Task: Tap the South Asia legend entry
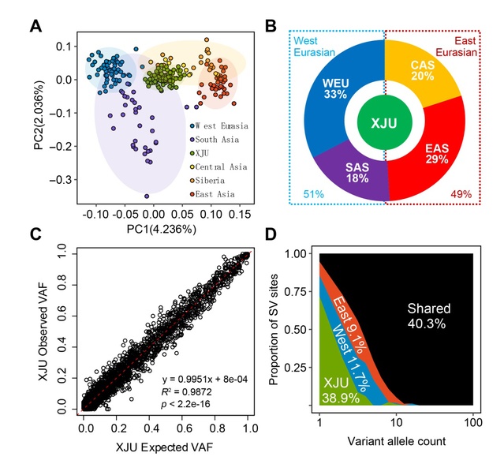[x=216, y=137]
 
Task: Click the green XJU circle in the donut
[x=385, y=123]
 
